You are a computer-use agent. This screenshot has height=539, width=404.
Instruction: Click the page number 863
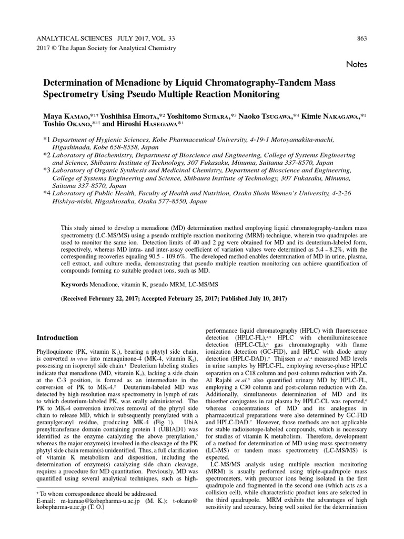point(361,38)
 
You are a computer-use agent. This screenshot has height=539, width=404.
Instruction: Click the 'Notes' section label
point(356,64)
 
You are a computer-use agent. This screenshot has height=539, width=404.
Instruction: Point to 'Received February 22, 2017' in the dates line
point(104,298)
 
